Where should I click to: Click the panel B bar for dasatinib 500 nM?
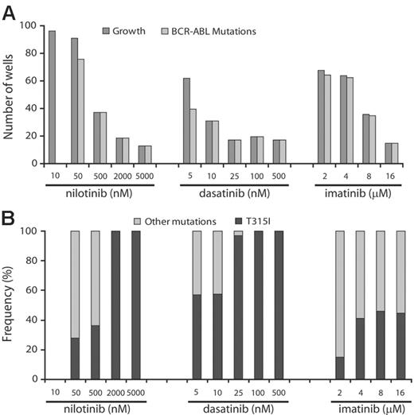point(278,307)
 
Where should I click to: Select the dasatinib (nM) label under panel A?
point(232,193)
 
